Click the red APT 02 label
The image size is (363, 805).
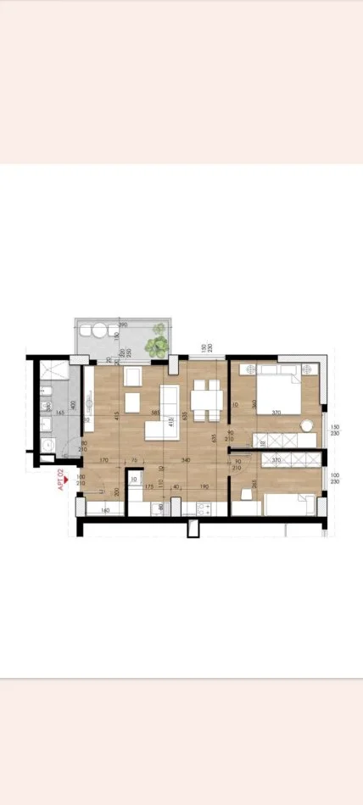pyautogui.click(x=60, y=481)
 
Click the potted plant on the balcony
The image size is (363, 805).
pyautogui.click(x=155, y=345)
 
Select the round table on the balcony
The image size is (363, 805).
pyautogui.click(x=99, y=332)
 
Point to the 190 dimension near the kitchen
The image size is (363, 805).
pyautogui.click(x=204, y=486)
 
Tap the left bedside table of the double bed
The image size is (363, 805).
pyautogui.click(x=249, y=369)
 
